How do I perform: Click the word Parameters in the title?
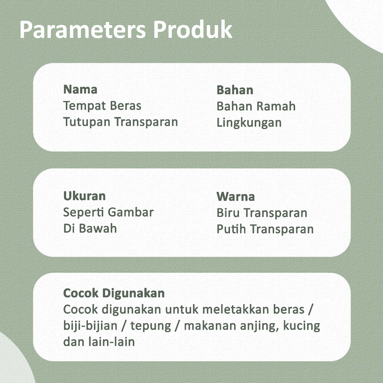(83, 30)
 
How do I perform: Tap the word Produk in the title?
(193, 30)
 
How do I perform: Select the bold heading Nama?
(80, 89)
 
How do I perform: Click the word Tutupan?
(87, 122)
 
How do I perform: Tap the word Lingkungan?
(249, 123)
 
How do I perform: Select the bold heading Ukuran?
(84, 196)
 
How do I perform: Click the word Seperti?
(84, 212)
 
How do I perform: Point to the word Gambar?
(131, 212)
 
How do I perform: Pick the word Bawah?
(98, 229)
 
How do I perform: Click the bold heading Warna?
(236, 197)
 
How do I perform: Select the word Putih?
(231, 229)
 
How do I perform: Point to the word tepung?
(151, 326)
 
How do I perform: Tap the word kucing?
(301, 326)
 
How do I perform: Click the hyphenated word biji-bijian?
(91, 326)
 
